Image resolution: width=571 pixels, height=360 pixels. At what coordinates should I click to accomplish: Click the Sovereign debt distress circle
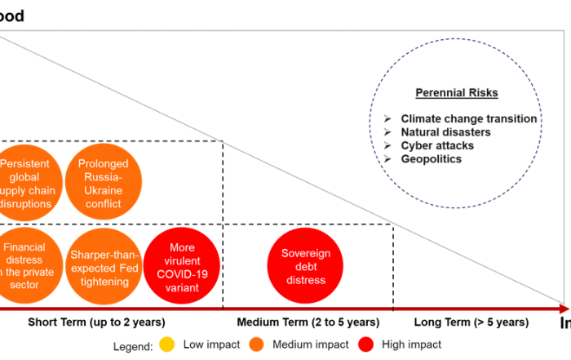pyautogui.click(x=306, y=266)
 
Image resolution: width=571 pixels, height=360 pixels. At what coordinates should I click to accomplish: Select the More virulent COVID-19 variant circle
pyautogui.click(x=183, y=266)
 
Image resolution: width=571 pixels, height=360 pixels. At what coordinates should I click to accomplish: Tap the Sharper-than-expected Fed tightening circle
pyautogui.click(x=104, y=266)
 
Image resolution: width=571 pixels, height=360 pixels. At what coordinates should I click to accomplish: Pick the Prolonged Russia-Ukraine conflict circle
pyautogui.click(x=103, y=183)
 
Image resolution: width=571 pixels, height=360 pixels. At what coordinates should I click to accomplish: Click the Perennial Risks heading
pyautogui.click(x=456, y=93)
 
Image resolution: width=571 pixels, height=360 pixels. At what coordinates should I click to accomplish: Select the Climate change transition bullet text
pyautogui.click(x=469, y=118)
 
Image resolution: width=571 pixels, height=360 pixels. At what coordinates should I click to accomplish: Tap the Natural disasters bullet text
pyautogui.click(x=445, y=132)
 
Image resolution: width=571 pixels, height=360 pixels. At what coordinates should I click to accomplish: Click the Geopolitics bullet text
pyautogui.click(x=432, y=159)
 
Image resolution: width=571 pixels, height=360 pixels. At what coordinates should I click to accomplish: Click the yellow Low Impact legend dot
pyautogui.click(x=167, y=344)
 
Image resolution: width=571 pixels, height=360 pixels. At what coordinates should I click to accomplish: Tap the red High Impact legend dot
pyautogui.click(x=364, y=344)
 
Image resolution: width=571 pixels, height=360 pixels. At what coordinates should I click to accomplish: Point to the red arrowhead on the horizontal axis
pyautogui.click(x=563, y=309)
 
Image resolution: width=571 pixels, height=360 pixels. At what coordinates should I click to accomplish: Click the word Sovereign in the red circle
pyautogui.click(x=306, y=254)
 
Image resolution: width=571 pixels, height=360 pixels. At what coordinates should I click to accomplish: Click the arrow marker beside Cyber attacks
pyautogui.click(x=387, y=145)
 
